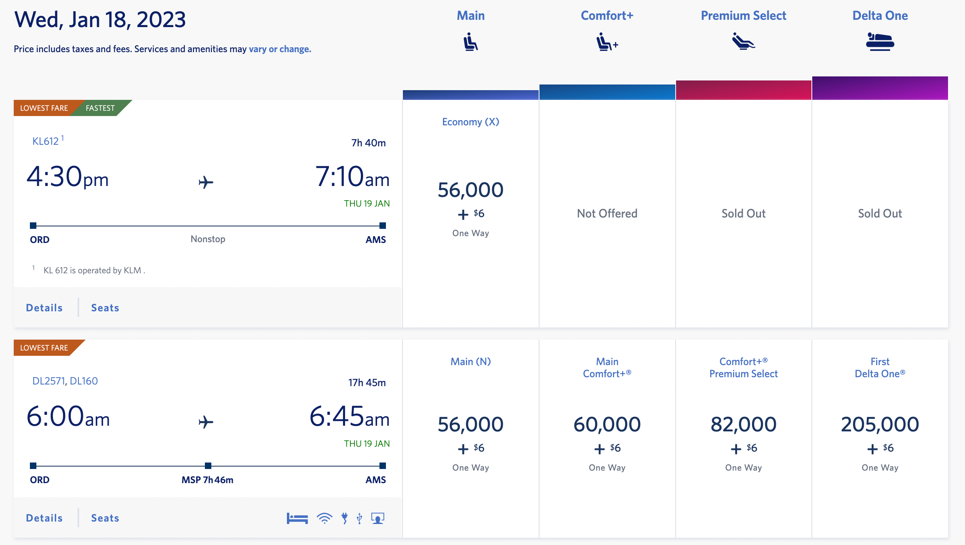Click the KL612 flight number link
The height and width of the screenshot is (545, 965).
click(46, 141)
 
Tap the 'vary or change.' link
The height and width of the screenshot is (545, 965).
click(280, 49)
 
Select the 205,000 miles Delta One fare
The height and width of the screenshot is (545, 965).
click(880, 425)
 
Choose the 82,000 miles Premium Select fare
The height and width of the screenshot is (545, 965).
click(743, 425)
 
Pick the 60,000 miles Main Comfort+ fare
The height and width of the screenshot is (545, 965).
click(607, 425)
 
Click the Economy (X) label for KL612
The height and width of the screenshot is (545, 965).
click(470, 122)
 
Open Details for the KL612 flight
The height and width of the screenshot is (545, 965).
click(44, 308)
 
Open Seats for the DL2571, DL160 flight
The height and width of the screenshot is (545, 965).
click(105, 518)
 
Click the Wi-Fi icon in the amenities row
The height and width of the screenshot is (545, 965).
click(324, 518)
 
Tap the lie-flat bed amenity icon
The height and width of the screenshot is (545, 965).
click(297, 518)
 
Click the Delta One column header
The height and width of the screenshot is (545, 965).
click(880, 16)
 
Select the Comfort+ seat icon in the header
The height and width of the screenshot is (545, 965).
click(607, 42)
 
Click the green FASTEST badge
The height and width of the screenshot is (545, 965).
click(100, 108)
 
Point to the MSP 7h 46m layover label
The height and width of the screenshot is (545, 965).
click(207, 480)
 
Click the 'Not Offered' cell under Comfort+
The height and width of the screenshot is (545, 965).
click(607, 213)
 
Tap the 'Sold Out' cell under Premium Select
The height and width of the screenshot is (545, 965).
click(743, 213)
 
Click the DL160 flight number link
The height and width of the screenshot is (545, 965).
click(84, 381)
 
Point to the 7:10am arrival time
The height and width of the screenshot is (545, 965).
click(352, 177)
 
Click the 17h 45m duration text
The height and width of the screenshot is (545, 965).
click(367, 382)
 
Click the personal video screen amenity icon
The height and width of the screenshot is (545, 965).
click(377, 518)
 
